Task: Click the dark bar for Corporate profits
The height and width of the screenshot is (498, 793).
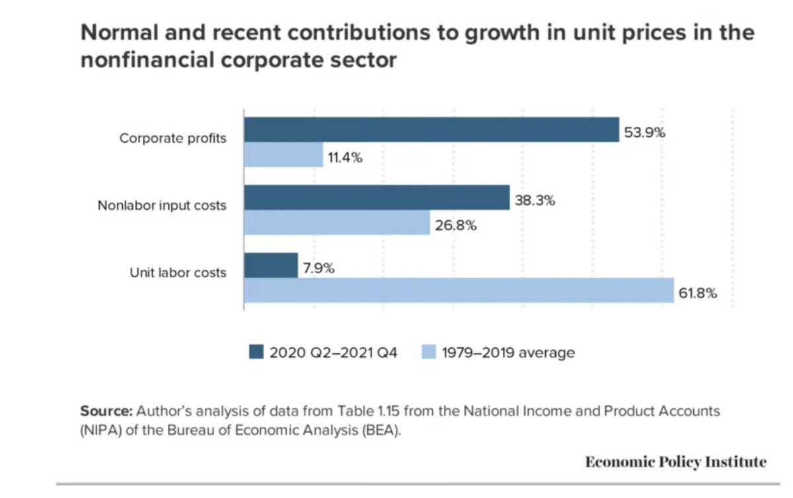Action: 432,130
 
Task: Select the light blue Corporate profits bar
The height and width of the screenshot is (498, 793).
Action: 283,155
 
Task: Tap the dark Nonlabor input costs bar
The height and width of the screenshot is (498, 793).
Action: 377,198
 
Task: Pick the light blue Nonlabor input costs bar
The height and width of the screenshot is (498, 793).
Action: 337,223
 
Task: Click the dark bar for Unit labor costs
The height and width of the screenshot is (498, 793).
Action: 271,265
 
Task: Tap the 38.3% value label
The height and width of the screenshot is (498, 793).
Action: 535,200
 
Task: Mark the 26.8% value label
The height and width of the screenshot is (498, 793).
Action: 455,225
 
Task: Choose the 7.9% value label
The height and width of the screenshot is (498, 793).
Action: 319,269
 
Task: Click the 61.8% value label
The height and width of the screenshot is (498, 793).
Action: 698,294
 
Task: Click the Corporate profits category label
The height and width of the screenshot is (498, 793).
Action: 172,139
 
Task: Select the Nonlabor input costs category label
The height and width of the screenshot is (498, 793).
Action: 162,206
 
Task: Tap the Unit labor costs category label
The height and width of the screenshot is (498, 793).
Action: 178,272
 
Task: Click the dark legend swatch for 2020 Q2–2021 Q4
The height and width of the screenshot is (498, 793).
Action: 256,353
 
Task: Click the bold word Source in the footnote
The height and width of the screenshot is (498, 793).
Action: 102,411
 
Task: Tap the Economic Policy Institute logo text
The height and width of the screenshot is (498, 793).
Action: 675,462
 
